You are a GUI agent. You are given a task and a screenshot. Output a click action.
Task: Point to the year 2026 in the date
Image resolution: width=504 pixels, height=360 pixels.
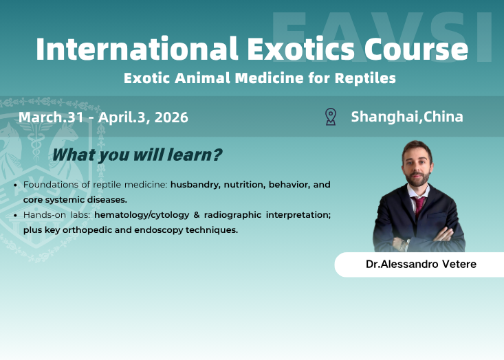171,117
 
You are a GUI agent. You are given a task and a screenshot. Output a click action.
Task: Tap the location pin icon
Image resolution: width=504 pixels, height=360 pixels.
331,117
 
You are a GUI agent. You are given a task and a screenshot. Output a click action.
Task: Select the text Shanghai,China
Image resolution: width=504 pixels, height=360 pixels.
407,117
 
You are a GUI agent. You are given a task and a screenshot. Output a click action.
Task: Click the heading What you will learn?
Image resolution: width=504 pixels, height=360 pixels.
137,155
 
